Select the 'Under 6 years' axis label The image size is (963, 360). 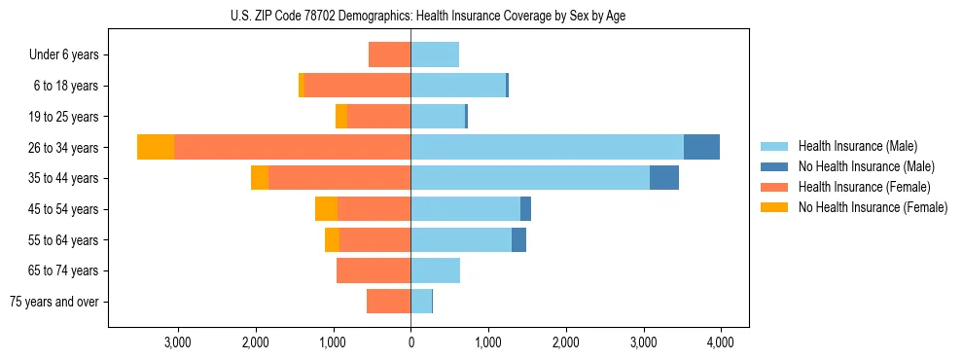pyautogui.click(x=64, y=54)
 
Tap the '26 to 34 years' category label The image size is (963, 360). pyautogui.click(x=64, y=148)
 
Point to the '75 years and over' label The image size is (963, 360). pyautogui.click(x=54, y=302)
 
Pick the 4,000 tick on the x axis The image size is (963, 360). pyautogui.click(x=720, y=342)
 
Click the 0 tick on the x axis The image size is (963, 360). pyautogui.click(x=410, y=342)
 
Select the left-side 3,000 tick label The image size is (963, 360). pyautogui.click(x=178, y=342)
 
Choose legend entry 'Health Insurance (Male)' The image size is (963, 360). pyautogui.click(x=857, y=146)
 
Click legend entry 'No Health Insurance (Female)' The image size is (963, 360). pyautogui.click(x=873, y=207)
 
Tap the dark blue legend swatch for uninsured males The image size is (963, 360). pyautogui.click(x=775, y=166)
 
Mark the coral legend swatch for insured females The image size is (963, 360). pyautogui.click(x=775, y=187)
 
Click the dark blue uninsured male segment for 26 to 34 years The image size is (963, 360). pyautogui.click(x=701, y=147)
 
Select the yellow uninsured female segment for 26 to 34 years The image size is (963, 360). pyautogui.click(x=156, y=147)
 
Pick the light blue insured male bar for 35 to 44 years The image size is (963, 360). pyautogui.click(x=530, y=178)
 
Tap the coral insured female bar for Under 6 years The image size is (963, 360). pyautogui.click(x=389, y=54)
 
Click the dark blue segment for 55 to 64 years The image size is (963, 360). pyautogui.click(x=518, y=239)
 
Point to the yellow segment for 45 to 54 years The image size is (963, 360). pyautogui.click(x=326, y=208)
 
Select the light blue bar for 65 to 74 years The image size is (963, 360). pyautogui.click(x=435, y=270)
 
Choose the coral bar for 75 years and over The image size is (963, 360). pyautogui.click(x=388, y=302)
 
